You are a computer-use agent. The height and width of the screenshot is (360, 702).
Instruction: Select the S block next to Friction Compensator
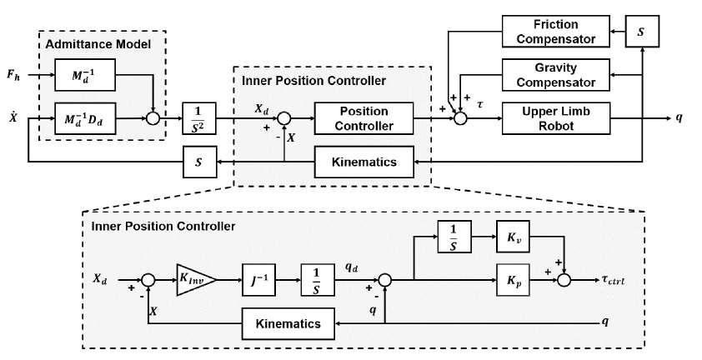pos(640,32)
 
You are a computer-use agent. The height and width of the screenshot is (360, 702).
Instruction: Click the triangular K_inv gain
pos(194,280)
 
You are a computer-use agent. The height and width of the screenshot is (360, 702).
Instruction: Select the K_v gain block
pos(515,237)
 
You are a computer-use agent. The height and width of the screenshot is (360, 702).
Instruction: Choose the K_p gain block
pos(515,280)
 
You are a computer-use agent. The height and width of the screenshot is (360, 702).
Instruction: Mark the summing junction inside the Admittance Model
pos(155,118)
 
